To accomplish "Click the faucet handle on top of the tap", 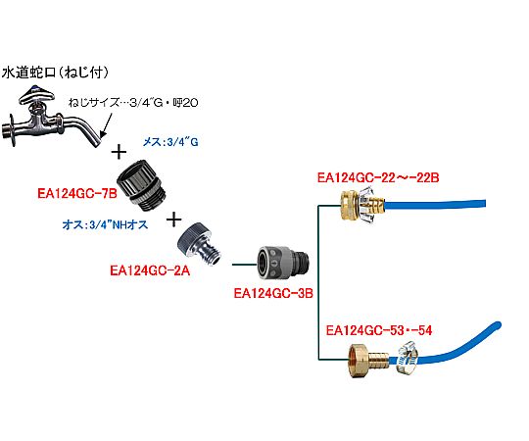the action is (x=36, y=95).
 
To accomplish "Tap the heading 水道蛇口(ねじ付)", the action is (x=55, y=73).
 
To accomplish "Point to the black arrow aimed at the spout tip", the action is (x=107, y=125).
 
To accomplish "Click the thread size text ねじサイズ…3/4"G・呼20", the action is (x=133, y=103).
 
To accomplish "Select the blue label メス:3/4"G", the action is (x=170, y=142).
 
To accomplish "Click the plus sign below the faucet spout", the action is (x=119, y=152).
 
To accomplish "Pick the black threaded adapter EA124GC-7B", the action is (x=141, y=185).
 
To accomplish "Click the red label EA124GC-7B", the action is (x=77, y=194).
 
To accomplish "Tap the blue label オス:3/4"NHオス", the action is (x=105, y=224).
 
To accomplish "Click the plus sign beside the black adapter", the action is (x=174, y=220).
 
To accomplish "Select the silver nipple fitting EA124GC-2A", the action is (x=199, y=244).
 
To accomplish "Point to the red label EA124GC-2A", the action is (x=150, y=270).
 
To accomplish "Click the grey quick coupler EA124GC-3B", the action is (x=283, y=264).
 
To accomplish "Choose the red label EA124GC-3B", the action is (x=273, y=293).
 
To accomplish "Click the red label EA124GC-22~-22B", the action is (x=378, y=177).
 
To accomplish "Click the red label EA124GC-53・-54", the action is (x=379, y=330).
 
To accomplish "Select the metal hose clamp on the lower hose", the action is (x=407, y=358).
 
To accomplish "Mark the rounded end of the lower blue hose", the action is (x=497, y=326).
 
